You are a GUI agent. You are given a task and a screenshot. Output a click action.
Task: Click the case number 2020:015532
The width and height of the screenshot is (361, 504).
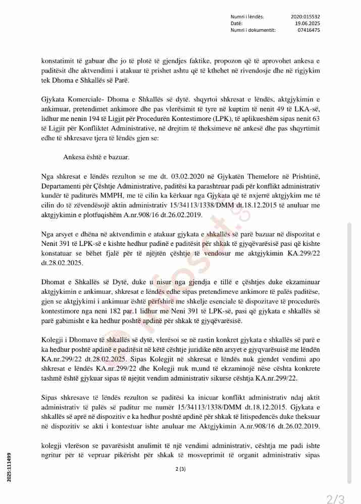click(305, 17)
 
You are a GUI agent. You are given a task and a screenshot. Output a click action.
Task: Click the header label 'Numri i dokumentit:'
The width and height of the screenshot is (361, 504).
click(252, 30)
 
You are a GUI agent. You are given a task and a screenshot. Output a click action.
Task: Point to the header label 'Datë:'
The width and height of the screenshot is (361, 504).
click(236, 23)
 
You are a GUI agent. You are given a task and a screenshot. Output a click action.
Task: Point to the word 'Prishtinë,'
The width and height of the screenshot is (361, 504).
click(303, 176)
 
